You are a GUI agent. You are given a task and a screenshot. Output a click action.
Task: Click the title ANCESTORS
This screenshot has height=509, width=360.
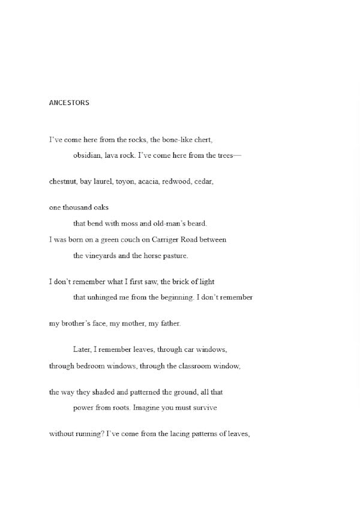click(x=69, y=103)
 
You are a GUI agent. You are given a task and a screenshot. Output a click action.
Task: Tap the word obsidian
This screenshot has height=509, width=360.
click(x=88, y=156)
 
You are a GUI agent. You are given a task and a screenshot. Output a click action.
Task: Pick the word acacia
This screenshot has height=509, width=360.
click(x=149, y=181)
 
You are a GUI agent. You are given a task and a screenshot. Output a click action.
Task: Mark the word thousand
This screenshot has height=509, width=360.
click(x=78, y=207)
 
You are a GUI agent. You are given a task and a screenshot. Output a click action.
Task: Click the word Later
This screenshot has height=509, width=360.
click(x=83, y=350)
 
